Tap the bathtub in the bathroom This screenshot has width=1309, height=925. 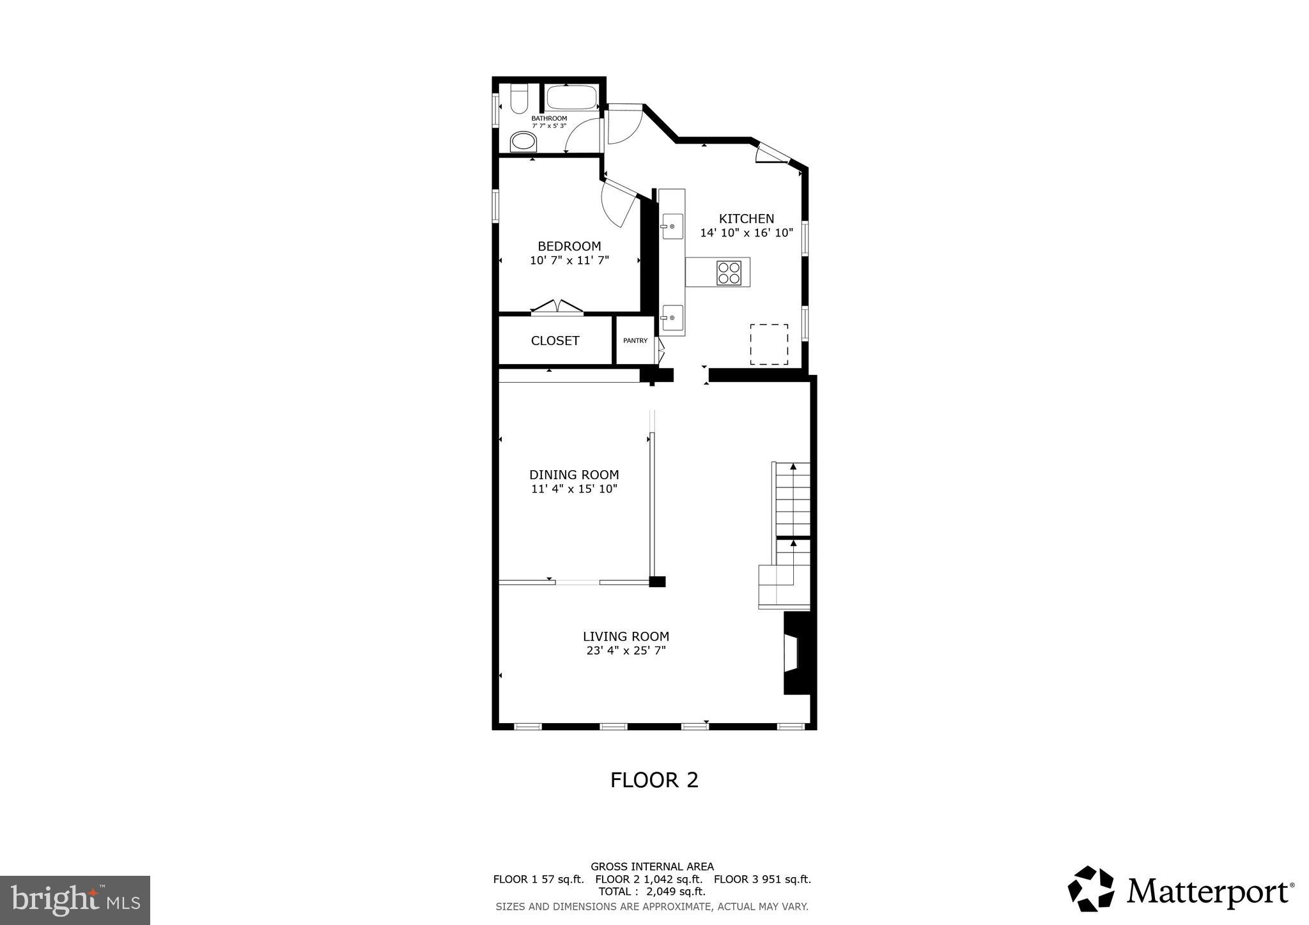tap(571, 98)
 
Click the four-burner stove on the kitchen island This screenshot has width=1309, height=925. tap(729, 273)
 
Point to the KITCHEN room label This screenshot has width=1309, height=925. tap(746, 218)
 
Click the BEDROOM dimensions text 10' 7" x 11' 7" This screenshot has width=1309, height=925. tap(569, 261)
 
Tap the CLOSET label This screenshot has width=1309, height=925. tap(555, 341)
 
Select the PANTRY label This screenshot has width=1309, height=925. tap(635, 341)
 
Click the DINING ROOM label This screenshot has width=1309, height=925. tap(573, 475)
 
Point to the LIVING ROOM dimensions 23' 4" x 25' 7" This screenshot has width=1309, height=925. tap(626, 651)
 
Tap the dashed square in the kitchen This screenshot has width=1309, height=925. tap(768, 344)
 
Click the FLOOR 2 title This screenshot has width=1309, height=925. tap(654, 780)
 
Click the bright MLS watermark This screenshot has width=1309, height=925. tap(75, 900)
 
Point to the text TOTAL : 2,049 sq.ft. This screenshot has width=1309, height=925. tap(651, 892)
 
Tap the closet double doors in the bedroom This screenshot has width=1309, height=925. tap(557, 308)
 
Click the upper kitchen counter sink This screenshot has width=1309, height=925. tap(671, 226)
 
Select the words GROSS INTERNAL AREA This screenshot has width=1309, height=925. tap(651, 867)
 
